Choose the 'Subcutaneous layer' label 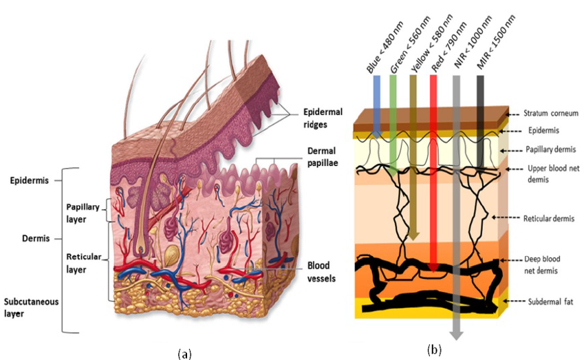[32, 307]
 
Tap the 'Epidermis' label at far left [30, 182]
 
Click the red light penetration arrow [433, 172]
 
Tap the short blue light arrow [376, 103]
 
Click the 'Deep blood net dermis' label [544, 265]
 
